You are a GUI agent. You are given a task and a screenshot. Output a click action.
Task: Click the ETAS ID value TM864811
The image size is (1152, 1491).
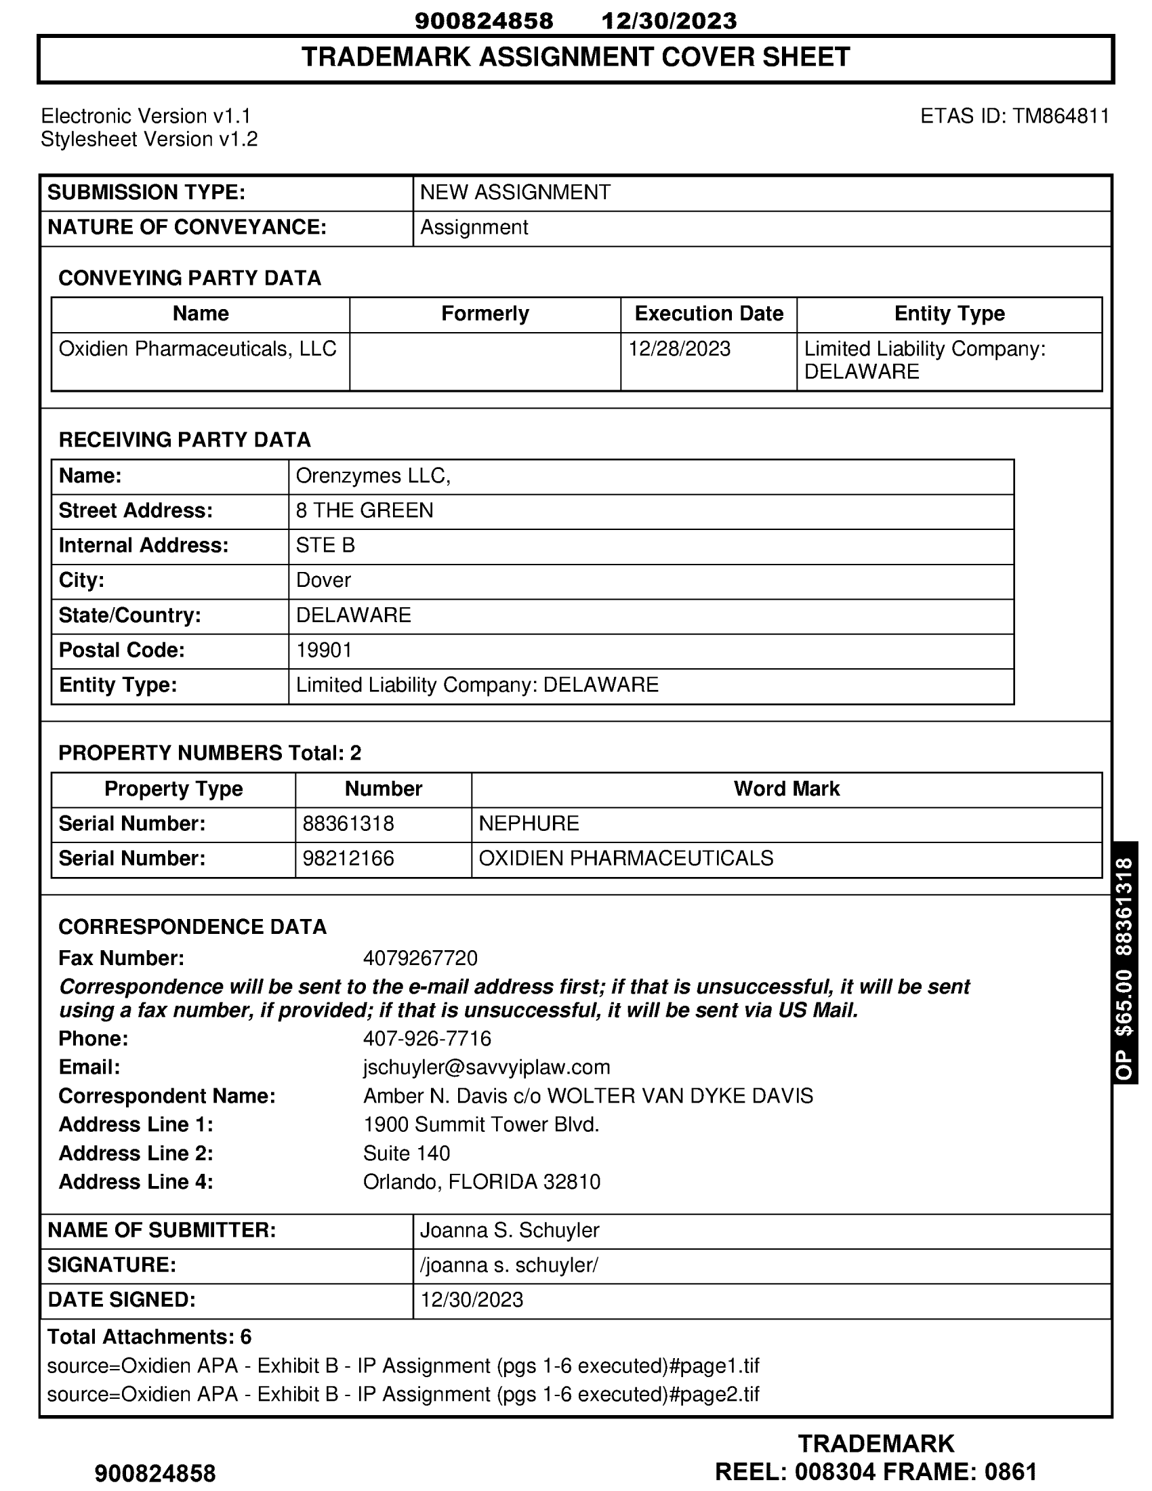click(x=1061, y=116)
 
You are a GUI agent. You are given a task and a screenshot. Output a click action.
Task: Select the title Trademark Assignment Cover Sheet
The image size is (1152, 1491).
click(x=575, y=58)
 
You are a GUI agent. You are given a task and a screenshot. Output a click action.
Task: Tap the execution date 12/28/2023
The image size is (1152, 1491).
click(x=679, y=349)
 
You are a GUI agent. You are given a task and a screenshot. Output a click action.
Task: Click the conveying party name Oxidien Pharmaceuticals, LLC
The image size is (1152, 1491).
click(x=197, y=349)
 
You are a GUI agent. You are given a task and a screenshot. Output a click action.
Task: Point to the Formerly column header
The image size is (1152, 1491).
click(x=485, y=313)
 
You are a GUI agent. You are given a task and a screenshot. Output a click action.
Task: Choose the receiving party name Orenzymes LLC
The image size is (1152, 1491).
click(x=373, y=476)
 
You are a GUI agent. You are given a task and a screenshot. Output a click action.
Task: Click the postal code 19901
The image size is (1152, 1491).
click(x=324, y=650)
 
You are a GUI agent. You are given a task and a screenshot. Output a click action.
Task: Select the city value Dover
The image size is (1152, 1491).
click(x=323, y=580)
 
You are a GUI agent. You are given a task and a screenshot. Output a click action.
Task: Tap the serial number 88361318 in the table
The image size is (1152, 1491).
click(x=348, y=823)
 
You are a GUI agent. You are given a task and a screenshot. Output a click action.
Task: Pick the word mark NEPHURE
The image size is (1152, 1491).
click(x=529, y=823)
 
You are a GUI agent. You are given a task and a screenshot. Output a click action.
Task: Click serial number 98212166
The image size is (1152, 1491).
click(x=348, y=858)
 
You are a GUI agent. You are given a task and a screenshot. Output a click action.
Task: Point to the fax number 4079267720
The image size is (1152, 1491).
click(x=419, y=958)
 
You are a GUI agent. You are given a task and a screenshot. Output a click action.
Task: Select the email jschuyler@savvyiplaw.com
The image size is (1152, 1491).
click(x=487, y=1067)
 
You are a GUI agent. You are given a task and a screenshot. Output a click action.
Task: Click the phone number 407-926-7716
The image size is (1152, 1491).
click(x=426, y=1038)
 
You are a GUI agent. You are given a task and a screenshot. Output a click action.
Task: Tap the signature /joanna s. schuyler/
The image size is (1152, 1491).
click(x=508, y=1265)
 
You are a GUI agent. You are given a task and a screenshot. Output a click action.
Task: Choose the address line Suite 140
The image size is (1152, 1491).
click(x=406, y=1153)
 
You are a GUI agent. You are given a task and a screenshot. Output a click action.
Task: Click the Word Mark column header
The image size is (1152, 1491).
click(x=786, y=788)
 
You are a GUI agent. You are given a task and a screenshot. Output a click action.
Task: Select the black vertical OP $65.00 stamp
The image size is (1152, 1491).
click(x=1125, y=962)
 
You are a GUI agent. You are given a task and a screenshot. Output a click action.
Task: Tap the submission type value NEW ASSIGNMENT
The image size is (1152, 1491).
click(x=514, y=192)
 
